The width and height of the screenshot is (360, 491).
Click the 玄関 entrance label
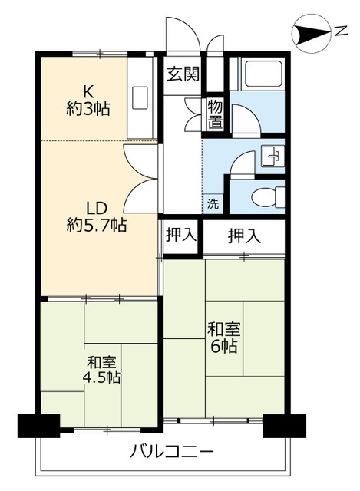[x=183, y=74]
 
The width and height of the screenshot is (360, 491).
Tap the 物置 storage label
[x=215, y=114]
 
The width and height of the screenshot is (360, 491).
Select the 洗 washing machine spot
[x=213, y=204]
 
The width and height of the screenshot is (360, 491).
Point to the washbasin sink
[x=272, y=155]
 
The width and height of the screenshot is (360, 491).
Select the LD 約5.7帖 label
[x=95, y=216]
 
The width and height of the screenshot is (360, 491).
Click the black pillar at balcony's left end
[x=38, y=425]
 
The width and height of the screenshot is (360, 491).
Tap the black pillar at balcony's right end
[x=283, y=425]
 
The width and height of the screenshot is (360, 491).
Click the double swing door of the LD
[x=141, y=177]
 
